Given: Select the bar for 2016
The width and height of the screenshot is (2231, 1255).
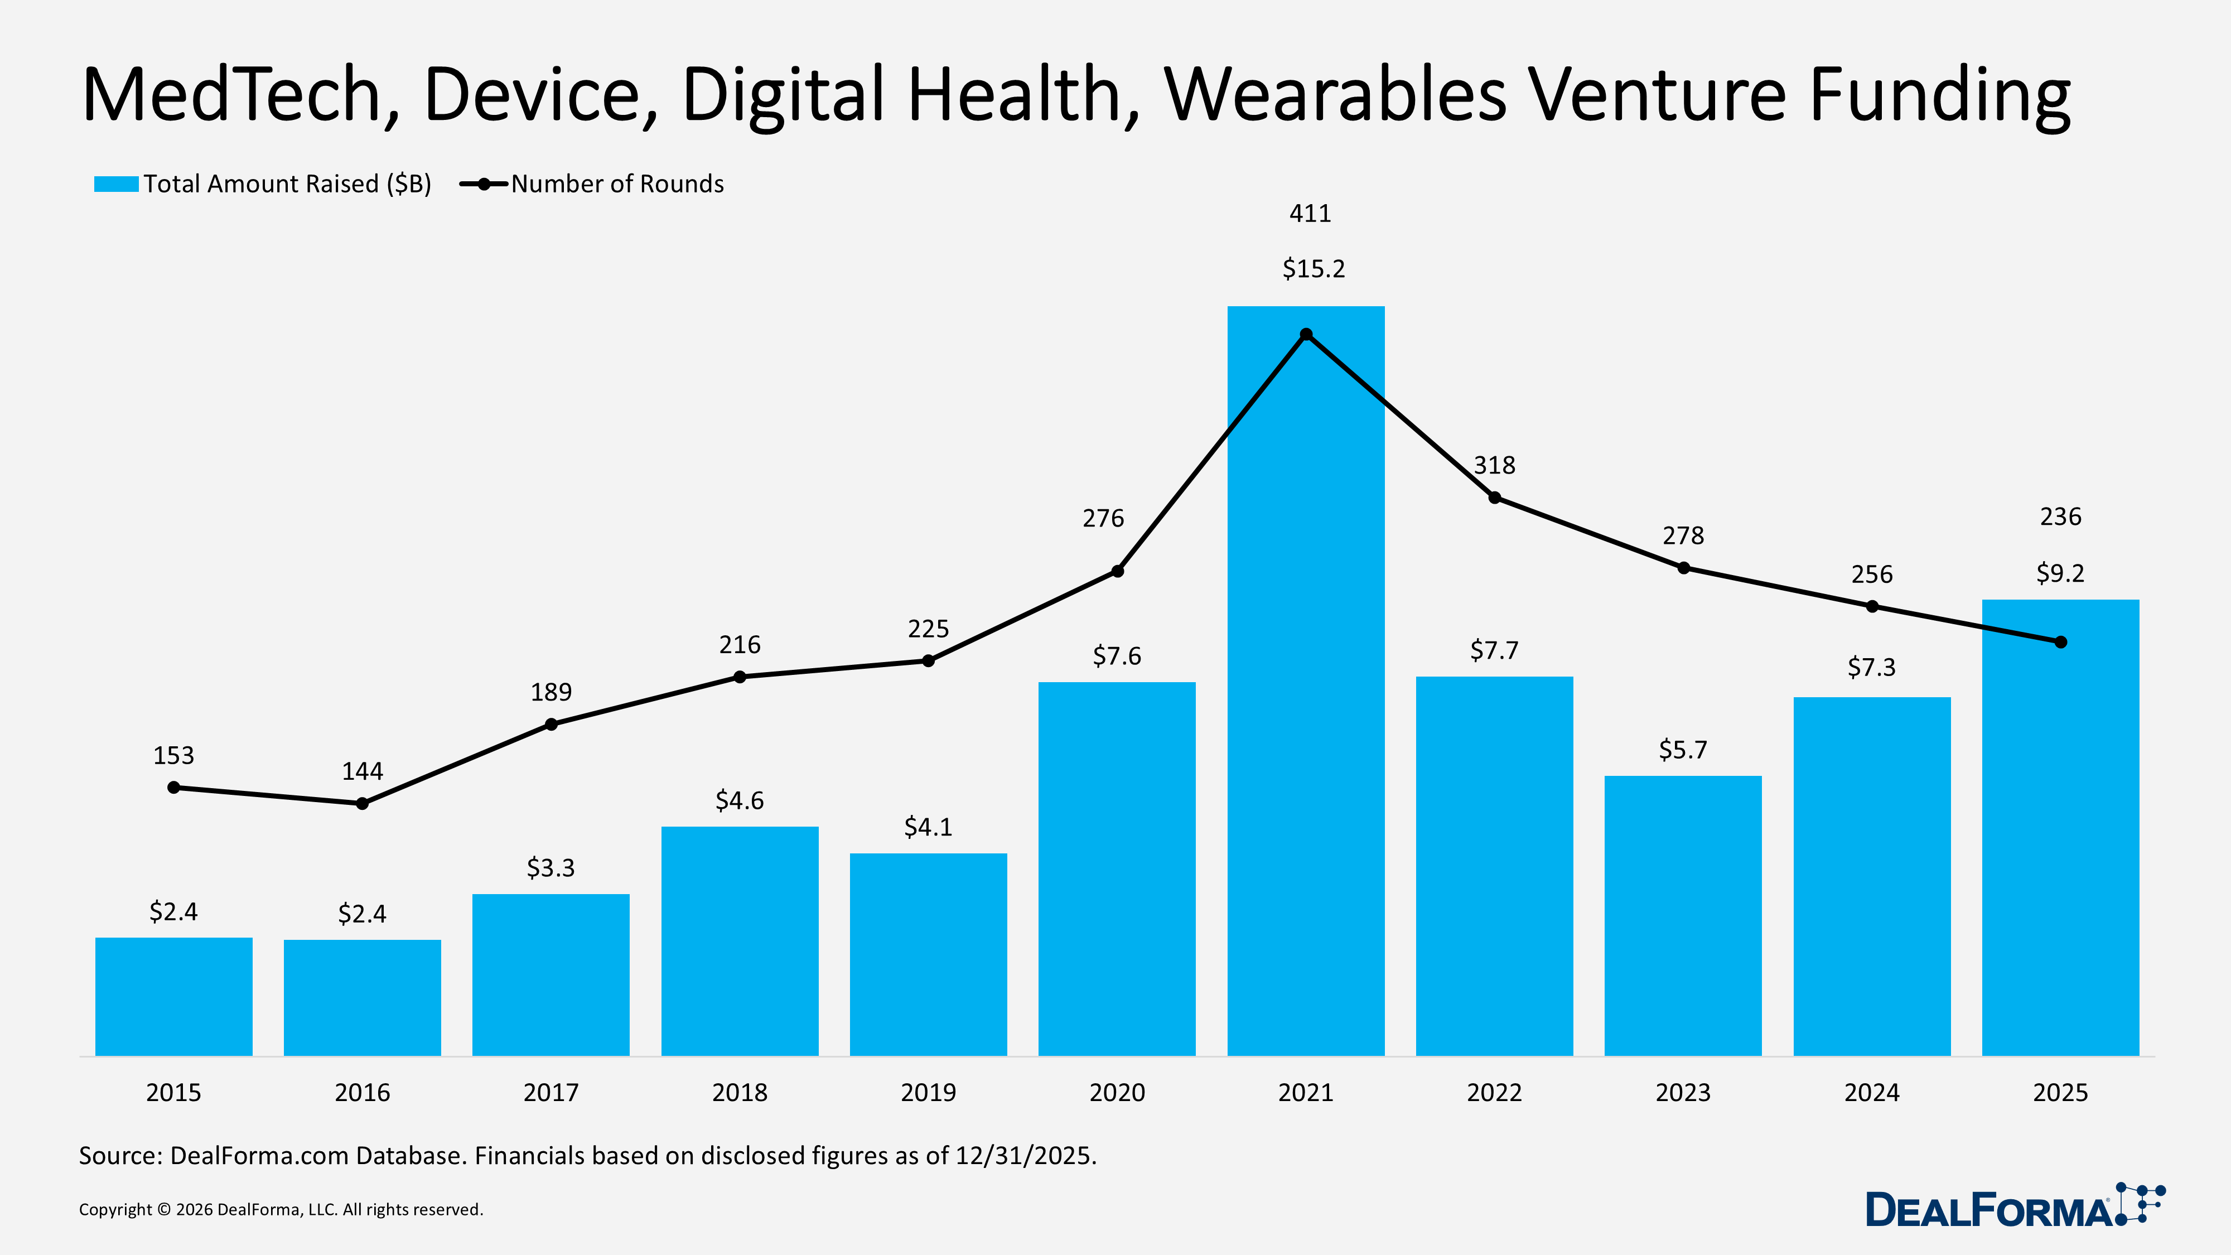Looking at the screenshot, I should point(362,997).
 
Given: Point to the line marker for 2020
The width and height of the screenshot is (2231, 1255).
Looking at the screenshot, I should point(1117,571).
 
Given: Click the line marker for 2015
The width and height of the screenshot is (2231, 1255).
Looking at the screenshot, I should point(174,787).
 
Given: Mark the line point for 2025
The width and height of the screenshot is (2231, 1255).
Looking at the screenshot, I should point(2060,642).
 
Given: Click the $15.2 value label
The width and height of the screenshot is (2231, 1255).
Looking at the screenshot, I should point(1313,268).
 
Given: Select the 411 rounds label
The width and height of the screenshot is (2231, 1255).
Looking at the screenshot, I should point(1310,213).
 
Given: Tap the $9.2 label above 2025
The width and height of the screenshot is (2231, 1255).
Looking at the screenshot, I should point(2060,572).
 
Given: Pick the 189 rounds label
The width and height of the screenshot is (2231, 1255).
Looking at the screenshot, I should point(551,692).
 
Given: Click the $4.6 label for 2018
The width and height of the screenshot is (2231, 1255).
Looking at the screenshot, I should point(739,800).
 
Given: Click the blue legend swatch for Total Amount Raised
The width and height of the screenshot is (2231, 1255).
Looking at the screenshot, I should point(116,184).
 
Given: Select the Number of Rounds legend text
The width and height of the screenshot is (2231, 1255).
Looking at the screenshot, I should point(617,184).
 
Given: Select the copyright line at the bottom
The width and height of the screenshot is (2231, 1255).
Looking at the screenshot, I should point(281,1209).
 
